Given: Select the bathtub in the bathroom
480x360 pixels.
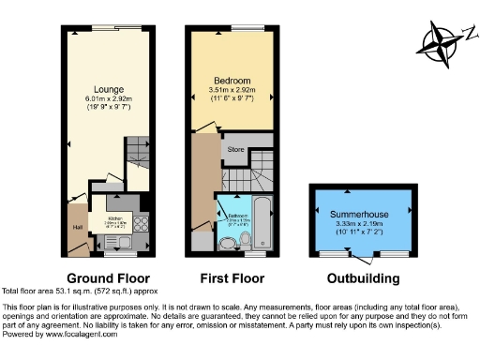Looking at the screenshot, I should pyautogui.click(x=262, y=221).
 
